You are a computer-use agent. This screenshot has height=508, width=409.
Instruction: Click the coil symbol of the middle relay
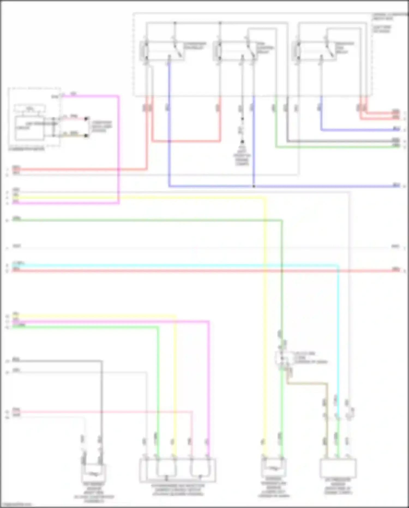tap(218, 51)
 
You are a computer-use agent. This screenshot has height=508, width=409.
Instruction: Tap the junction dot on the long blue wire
tap(254, 186)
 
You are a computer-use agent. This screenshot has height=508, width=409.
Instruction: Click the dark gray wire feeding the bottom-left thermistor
tap(101, 396)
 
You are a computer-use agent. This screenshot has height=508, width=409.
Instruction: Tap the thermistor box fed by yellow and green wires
tap(273, 468)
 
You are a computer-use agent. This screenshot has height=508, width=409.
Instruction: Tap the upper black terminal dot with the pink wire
tap(86, 118)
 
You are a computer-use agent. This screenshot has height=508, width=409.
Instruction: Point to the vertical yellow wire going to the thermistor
tap(264, 328)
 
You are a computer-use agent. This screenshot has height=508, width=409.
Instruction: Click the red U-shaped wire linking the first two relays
tap(185, 141)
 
